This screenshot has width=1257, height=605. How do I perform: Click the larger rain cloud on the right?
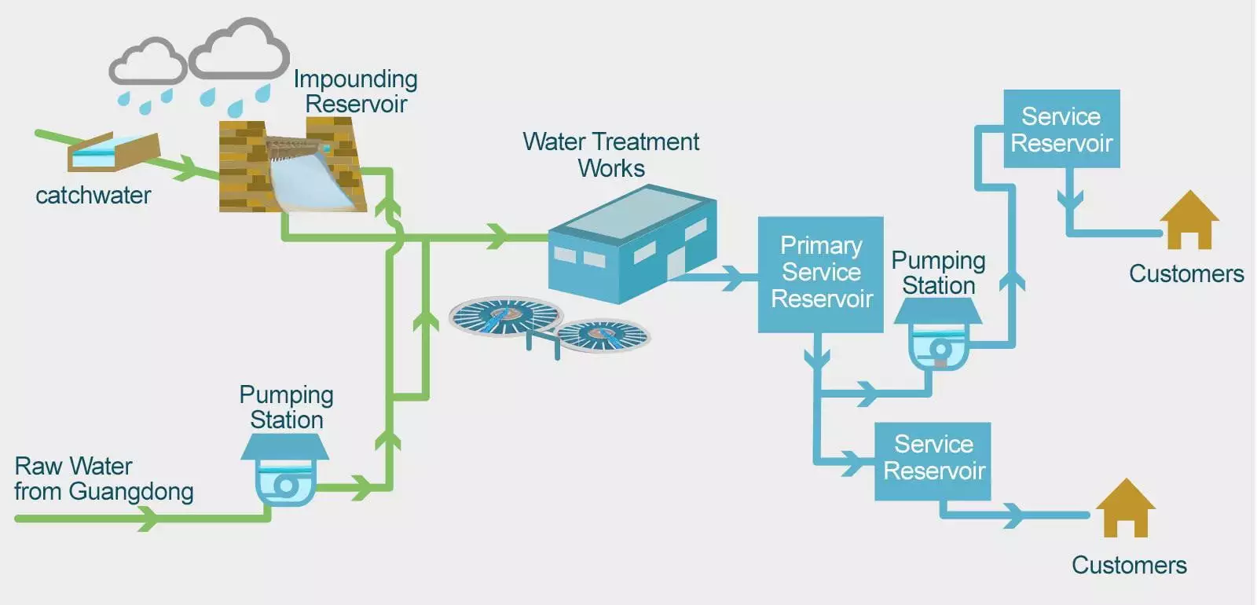tap(239, 51)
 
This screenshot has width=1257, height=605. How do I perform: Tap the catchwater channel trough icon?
tap(113, 152)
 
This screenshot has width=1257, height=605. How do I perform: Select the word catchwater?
tap(93, 196)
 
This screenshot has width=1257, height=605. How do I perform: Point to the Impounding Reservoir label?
tap(355, 91)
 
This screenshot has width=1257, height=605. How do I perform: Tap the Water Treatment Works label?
tap(610, 155)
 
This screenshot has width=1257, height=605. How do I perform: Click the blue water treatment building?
tap(632, 244)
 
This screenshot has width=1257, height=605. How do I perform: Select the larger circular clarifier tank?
tap(505, 317)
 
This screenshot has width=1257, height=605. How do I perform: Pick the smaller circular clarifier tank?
tap(603, 335)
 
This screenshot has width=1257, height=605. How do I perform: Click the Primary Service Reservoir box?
tap(820, 273)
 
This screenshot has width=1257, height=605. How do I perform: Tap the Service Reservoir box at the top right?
tap(1061, 129)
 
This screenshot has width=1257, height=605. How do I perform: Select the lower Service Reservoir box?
tap(933, 460)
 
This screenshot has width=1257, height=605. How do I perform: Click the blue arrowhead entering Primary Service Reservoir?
tap(732, 277)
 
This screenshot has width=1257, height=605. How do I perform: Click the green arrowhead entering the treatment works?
tap(497, 236)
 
